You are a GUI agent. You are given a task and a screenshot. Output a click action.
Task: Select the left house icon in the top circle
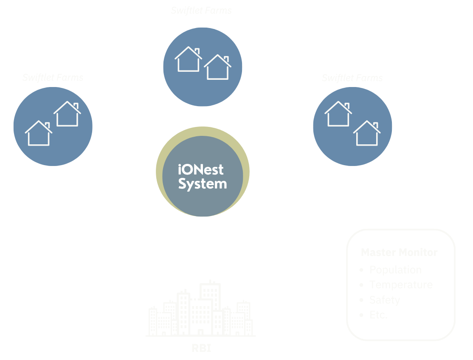pyautogui.click(x=188, y=59)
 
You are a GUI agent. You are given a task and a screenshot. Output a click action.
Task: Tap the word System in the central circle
pyautogui.click(x=203, y=184)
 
